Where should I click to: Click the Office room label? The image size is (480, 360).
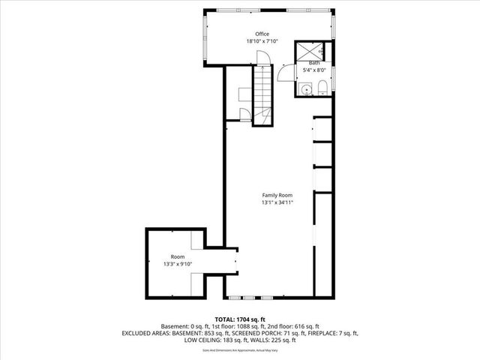click(261, 34)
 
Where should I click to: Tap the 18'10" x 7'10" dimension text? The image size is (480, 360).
click(261, 41)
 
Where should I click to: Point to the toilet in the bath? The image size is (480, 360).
click(321, 90)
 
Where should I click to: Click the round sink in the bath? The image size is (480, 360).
click(304, 90)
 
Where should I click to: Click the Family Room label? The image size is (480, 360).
click(277, 195)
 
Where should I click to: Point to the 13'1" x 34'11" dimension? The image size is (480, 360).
click(277, 202)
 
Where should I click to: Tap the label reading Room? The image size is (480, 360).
click(177, 256)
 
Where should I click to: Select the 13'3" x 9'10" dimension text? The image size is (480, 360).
click(178, 264)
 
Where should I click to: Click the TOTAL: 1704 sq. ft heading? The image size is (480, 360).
click(240, 319)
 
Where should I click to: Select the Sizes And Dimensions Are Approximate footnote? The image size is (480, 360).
click(240, 349)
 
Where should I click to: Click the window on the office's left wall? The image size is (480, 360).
click(206, 37)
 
